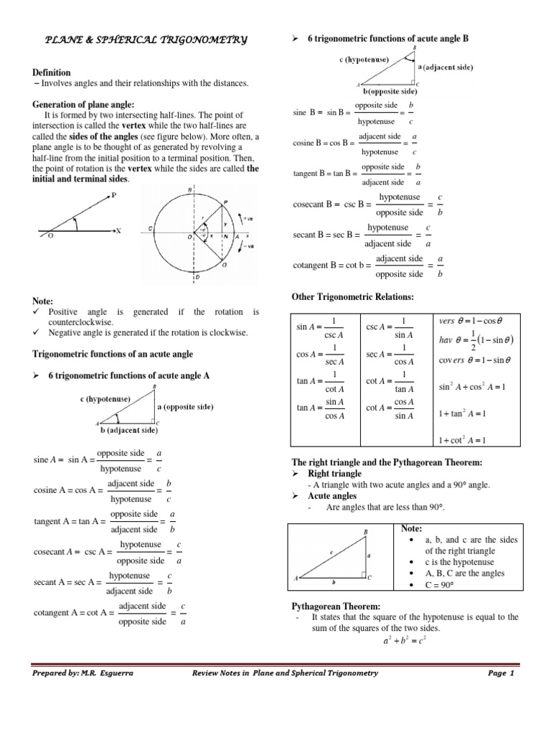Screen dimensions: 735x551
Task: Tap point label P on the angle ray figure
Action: tap(114, 195)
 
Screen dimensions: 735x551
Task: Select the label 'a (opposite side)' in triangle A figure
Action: tap(185, 406)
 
